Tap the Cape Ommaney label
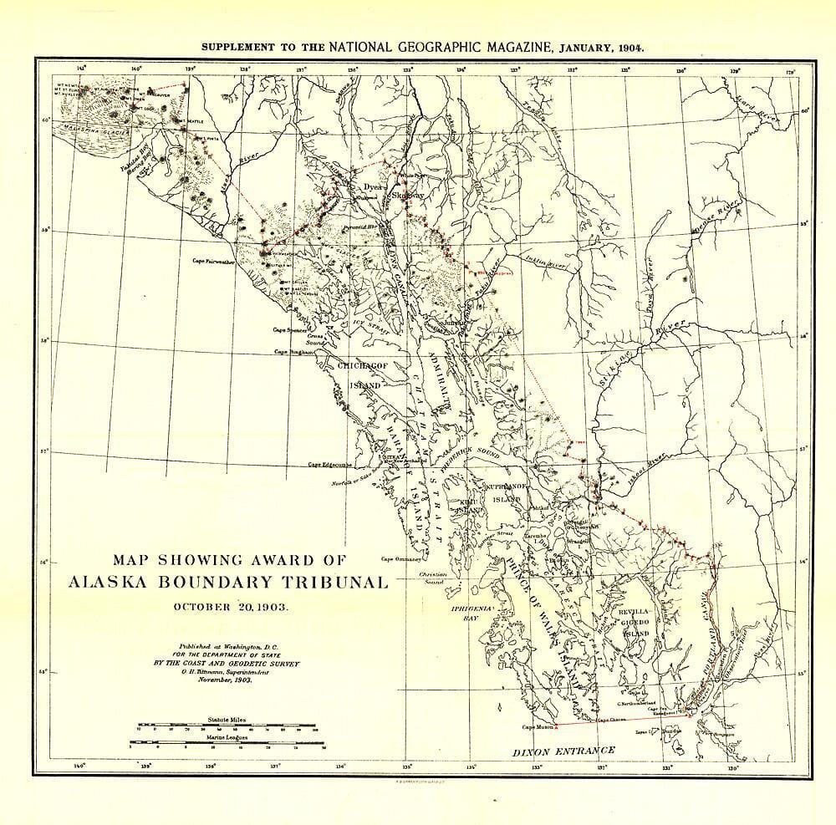(x=400, y=559)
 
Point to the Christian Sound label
(x=435, y=579)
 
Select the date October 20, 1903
(x=227, y=606)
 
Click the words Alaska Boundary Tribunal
(x=227, y=582)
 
